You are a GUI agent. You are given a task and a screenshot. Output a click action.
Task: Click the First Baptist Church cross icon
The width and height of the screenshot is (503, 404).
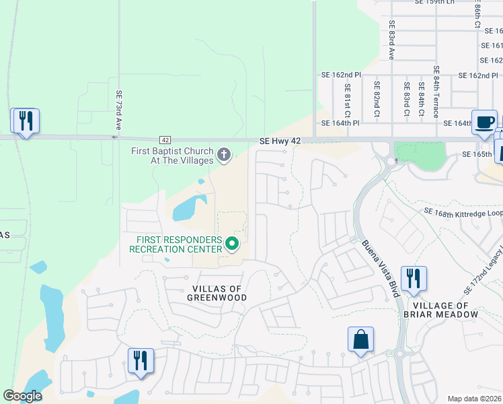tap(224, 156)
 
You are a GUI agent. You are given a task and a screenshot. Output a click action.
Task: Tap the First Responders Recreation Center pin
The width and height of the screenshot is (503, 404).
tap(232, 243)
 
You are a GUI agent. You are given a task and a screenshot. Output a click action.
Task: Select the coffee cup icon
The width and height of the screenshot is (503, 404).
tap(484, 122)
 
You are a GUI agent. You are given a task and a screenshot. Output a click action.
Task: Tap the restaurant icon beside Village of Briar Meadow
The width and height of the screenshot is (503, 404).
tap(413, 278)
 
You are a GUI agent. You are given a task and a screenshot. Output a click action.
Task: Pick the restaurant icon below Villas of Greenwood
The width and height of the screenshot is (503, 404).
tap(141, 360)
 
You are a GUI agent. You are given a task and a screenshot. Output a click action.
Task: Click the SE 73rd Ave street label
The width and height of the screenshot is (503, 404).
tap(119, 110)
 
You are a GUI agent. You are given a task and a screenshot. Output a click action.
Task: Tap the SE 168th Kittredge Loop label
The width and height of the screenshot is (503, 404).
tap(463, 211)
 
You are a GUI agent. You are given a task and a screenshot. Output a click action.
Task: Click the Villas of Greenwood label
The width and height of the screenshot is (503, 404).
tap(217, 292)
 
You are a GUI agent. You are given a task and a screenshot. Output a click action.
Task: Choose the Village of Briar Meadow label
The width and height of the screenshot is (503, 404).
tap(442, 309)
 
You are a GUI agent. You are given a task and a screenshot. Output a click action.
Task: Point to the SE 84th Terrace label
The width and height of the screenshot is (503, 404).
tap(436, 92)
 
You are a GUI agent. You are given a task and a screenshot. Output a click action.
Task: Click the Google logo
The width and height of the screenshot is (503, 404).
tap(23, 396)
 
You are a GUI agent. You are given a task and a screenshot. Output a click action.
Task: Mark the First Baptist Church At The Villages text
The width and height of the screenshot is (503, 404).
tap(172, 156)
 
